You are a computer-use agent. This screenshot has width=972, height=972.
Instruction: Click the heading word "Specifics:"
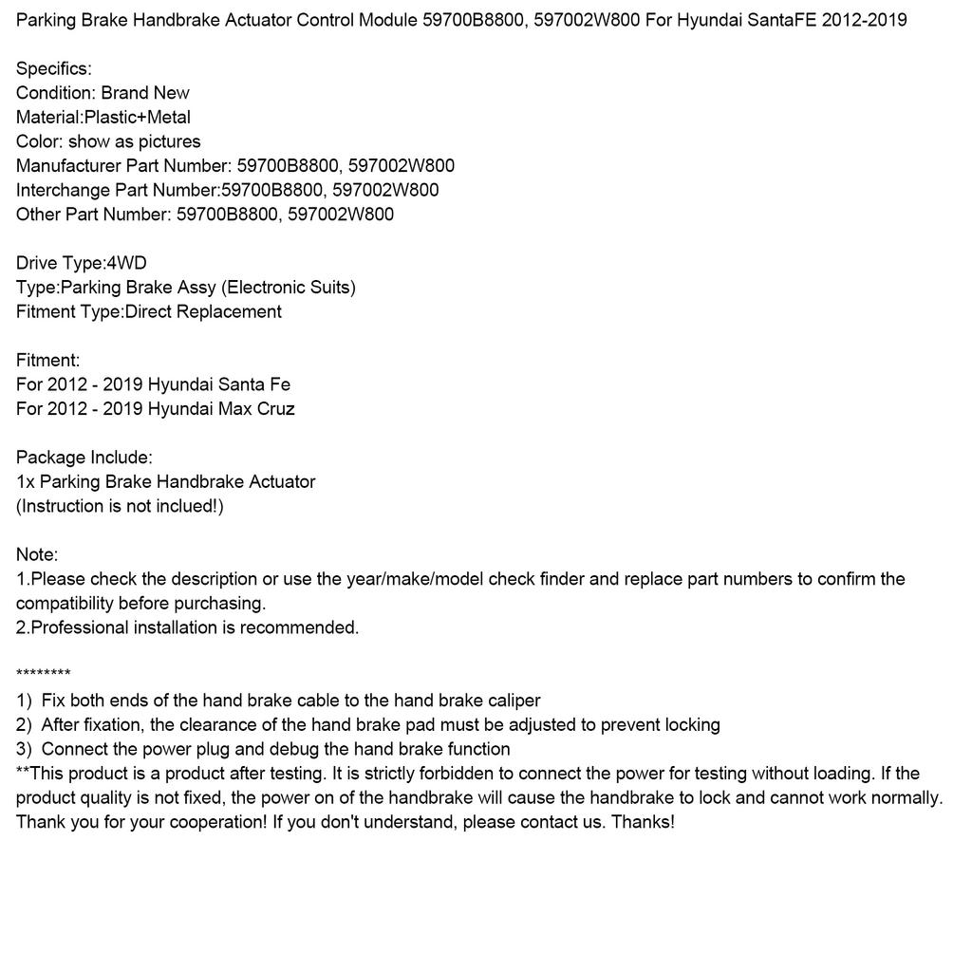pyautogui.click(x=54, y=68)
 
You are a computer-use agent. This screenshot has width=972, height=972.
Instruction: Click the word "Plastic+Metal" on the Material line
pyautogui.click(x=138, y=117)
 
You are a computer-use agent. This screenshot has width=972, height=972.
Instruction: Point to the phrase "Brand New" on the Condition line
pyautogui.click(x=145, y=93)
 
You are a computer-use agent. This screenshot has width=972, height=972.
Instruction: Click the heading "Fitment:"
pyautogui.click(x=48, y=360)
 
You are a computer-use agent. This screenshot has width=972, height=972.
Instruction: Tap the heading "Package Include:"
pyautogui.click(x=84, y=458)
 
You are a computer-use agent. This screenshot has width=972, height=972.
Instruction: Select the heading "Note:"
pyautogui.click(x=37, y=554)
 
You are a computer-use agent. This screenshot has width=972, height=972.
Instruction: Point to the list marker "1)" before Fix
pyautogui.click(x=25, y=701)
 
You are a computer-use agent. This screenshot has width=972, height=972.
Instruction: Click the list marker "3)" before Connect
pyautogui.click(x=25, y=749)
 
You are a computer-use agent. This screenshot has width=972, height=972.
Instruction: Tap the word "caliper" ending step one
pyautogui.click(x=513, y=701)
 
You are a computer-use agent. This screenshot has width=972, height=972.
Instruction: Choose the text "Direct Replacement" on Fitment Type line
pyautogui.click(x=203, y=311)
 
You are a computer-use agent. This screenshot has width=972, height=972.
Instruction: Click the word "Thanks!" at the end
pyautogui.click(x=643, y=822)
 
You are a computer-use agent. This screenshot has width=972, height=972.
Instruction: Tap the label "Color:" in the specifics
pyautogui.click(x=39, y=141)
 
